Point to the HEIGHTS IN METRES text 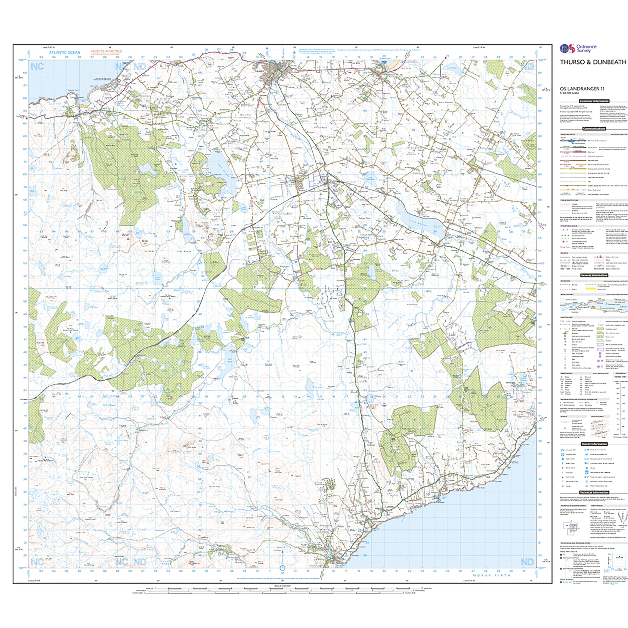coord(106,51)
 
